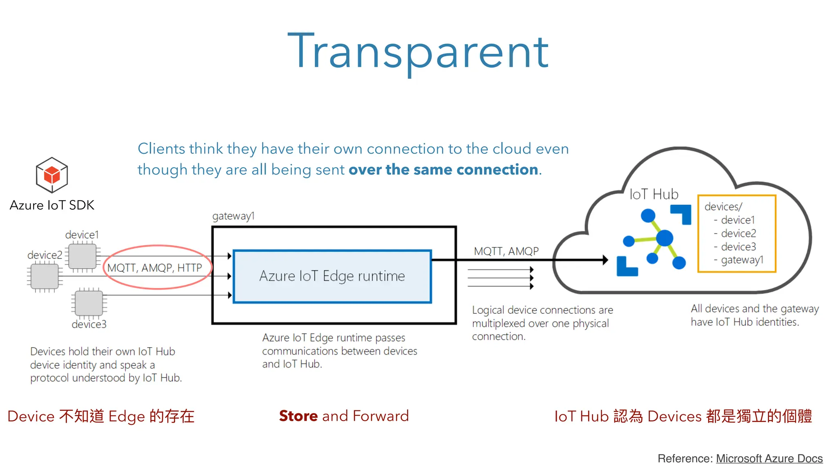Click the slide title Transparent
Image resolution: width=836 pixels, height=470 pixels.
[x=418, y=52]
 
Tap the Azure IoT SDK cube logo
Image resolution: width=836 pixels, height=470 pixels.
[x=52, y=175]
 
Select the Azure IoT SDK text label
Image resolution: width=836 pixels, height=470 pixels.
[x=52, y=205]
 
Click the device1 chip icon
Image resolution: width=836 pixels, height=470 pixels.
[x=82, y=256]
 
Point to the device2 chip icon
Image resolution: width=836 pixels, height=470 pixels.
[x=44, y=276]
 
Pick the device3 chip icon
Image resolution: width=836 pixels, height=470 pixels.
[x=89, y=303]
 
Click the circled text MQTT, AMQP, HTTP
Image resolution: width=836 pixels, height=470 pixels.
[x=155, y=268]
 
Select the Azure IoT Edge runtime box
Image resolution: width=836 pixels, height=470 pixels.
[x=332, y=276]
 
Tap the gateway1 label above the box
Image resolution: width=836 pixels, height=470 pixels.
[x=233, y=216]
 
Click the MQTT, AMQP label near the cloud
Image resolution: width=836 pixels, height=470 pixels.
[x=506, y=251]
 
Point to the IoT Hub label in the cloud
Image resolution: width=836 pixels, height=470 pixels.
[x=654, y=194]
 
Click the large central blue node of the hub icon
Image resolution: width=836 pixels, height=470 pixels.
[x=665, y=238]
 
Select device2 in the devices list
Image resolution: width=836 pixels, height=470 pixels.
[x=738, y=233]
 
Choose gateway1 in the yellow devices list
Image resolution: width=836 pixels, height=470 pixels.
[x=742, y=260]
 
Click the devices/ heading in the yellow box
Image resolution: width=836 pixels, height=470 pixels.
[x=723, y=206]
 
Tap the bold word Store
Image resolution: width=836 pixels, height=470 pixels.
[x=298, y=416]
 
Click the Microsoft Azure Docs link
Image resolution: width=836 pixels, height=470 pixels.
[x=769, y=459]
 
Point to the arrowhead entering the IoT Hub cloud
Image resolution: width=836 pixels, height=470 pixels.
[x=605, y=260]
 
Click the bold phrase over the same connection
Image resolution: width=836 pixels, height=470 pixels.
[x=443, y=169]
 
